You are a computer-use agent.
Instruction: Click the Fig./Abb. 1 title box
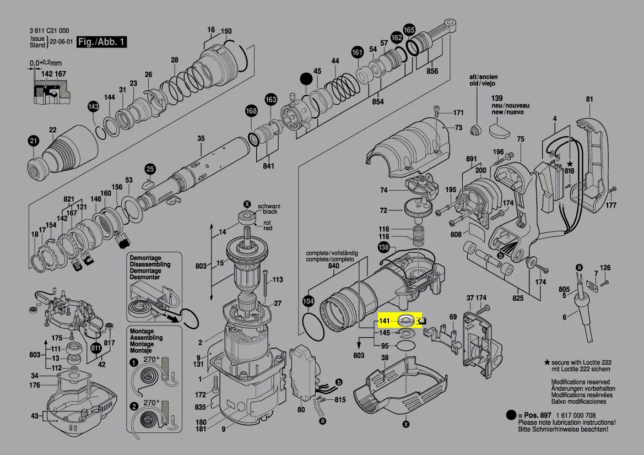pyautogui.click(x=102, y=42)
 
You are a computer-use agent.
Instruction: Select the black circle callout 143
pyautogui.click(x=93, y=106)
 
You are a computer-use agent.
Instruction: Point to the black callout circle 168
pyautogui.click(x=251, y=111)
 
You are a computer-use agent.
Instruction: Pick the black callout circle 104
pyautogui.click(x=309, y=301)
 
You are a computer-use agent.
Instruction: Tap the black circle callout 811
pyautogui.click(x=96, y=348)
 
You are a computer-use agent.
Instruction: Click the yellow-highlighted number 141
pyautogui.click(x=384, y=321)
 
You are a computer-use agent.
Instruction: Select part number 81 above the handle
pyautogui.click(x=589, y=99)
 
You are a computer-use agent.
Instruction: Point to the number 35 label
pyautogui.click(x=201, y=138)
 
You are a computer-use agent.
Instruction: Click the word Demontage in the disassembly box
pyautogui.click(x=145, y=258)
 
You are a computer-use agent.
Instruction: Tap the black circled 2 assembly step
pyautogui.click(x=134, y=407)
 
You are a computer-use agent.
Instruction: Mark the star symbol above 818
pyautogui.click(x=570, y=164)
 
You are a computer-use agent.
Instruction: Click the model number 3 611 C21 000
pyautogui.click(x=50, y=31)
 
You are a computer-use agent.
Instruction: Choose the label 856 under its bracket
pyautogui.click(x=432, y=71)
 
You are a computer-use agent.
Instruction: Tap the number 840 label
pyautogui.click(x=333, y=266)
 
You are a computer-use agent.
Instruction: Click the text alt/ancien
pyautogui.click(x=483, y=76)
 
